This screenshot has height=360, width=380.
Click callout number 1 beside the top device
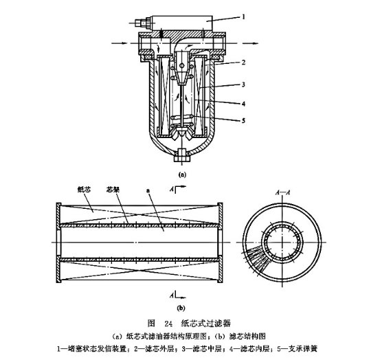(x=243, y=16)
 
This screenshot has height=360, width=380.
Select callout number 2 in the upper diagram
(x=243, y=63)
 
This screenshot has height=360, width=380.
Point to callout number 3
(x=243, y=85)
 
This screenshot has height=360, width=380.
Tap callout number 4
(x=243, y=104)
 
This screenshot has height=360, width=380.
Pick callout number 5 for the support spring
(x=243, y=120)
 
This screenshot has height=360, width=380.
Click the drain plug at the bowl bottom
(x=181, y=156)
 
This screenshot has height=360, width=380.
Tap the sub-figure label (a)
(x=182, y=175)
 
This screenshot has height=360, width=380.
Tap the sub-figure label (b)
(x=181, y=308)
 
